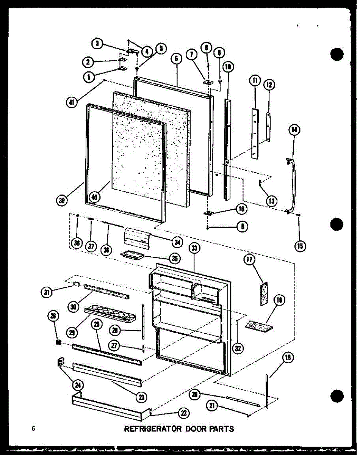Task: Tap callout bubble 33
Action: [194, 249]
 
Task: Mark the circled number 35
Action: [175, 259]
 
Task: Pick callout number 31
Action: [47, 292]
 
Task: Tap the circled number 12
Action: [270, 85]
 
